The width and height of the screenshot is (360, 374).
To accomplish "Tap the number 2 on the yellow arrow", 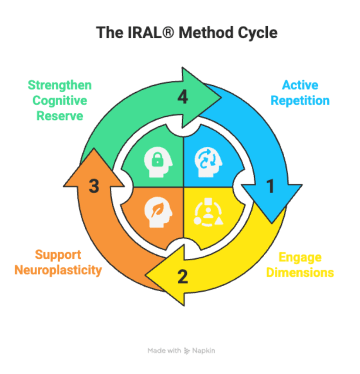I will click(x=182, y=277).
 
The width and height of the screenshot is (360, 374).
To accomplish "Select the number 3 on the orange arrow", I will click(x=94, y=186).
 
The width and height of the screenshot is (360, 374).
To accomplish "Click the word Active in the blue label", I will click(x=300, y=85).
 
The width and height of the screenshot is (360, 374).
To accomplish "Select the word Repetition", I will click(x=300, y=100).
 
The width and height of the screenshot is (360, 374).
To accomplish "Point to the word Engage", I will click(x=300, y=257).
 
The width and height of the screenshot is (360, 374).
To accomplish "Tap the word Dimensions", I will click(x=300, y=272).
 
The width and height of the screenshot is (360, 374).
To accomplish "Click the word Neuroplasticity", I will click(x=58, y=270).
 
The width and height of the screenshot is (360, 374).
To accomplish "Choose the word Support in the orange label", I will click(x=58, y=255).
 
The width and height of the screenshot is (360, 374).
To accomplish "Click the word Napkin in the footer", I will click(x=204, y=350).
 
